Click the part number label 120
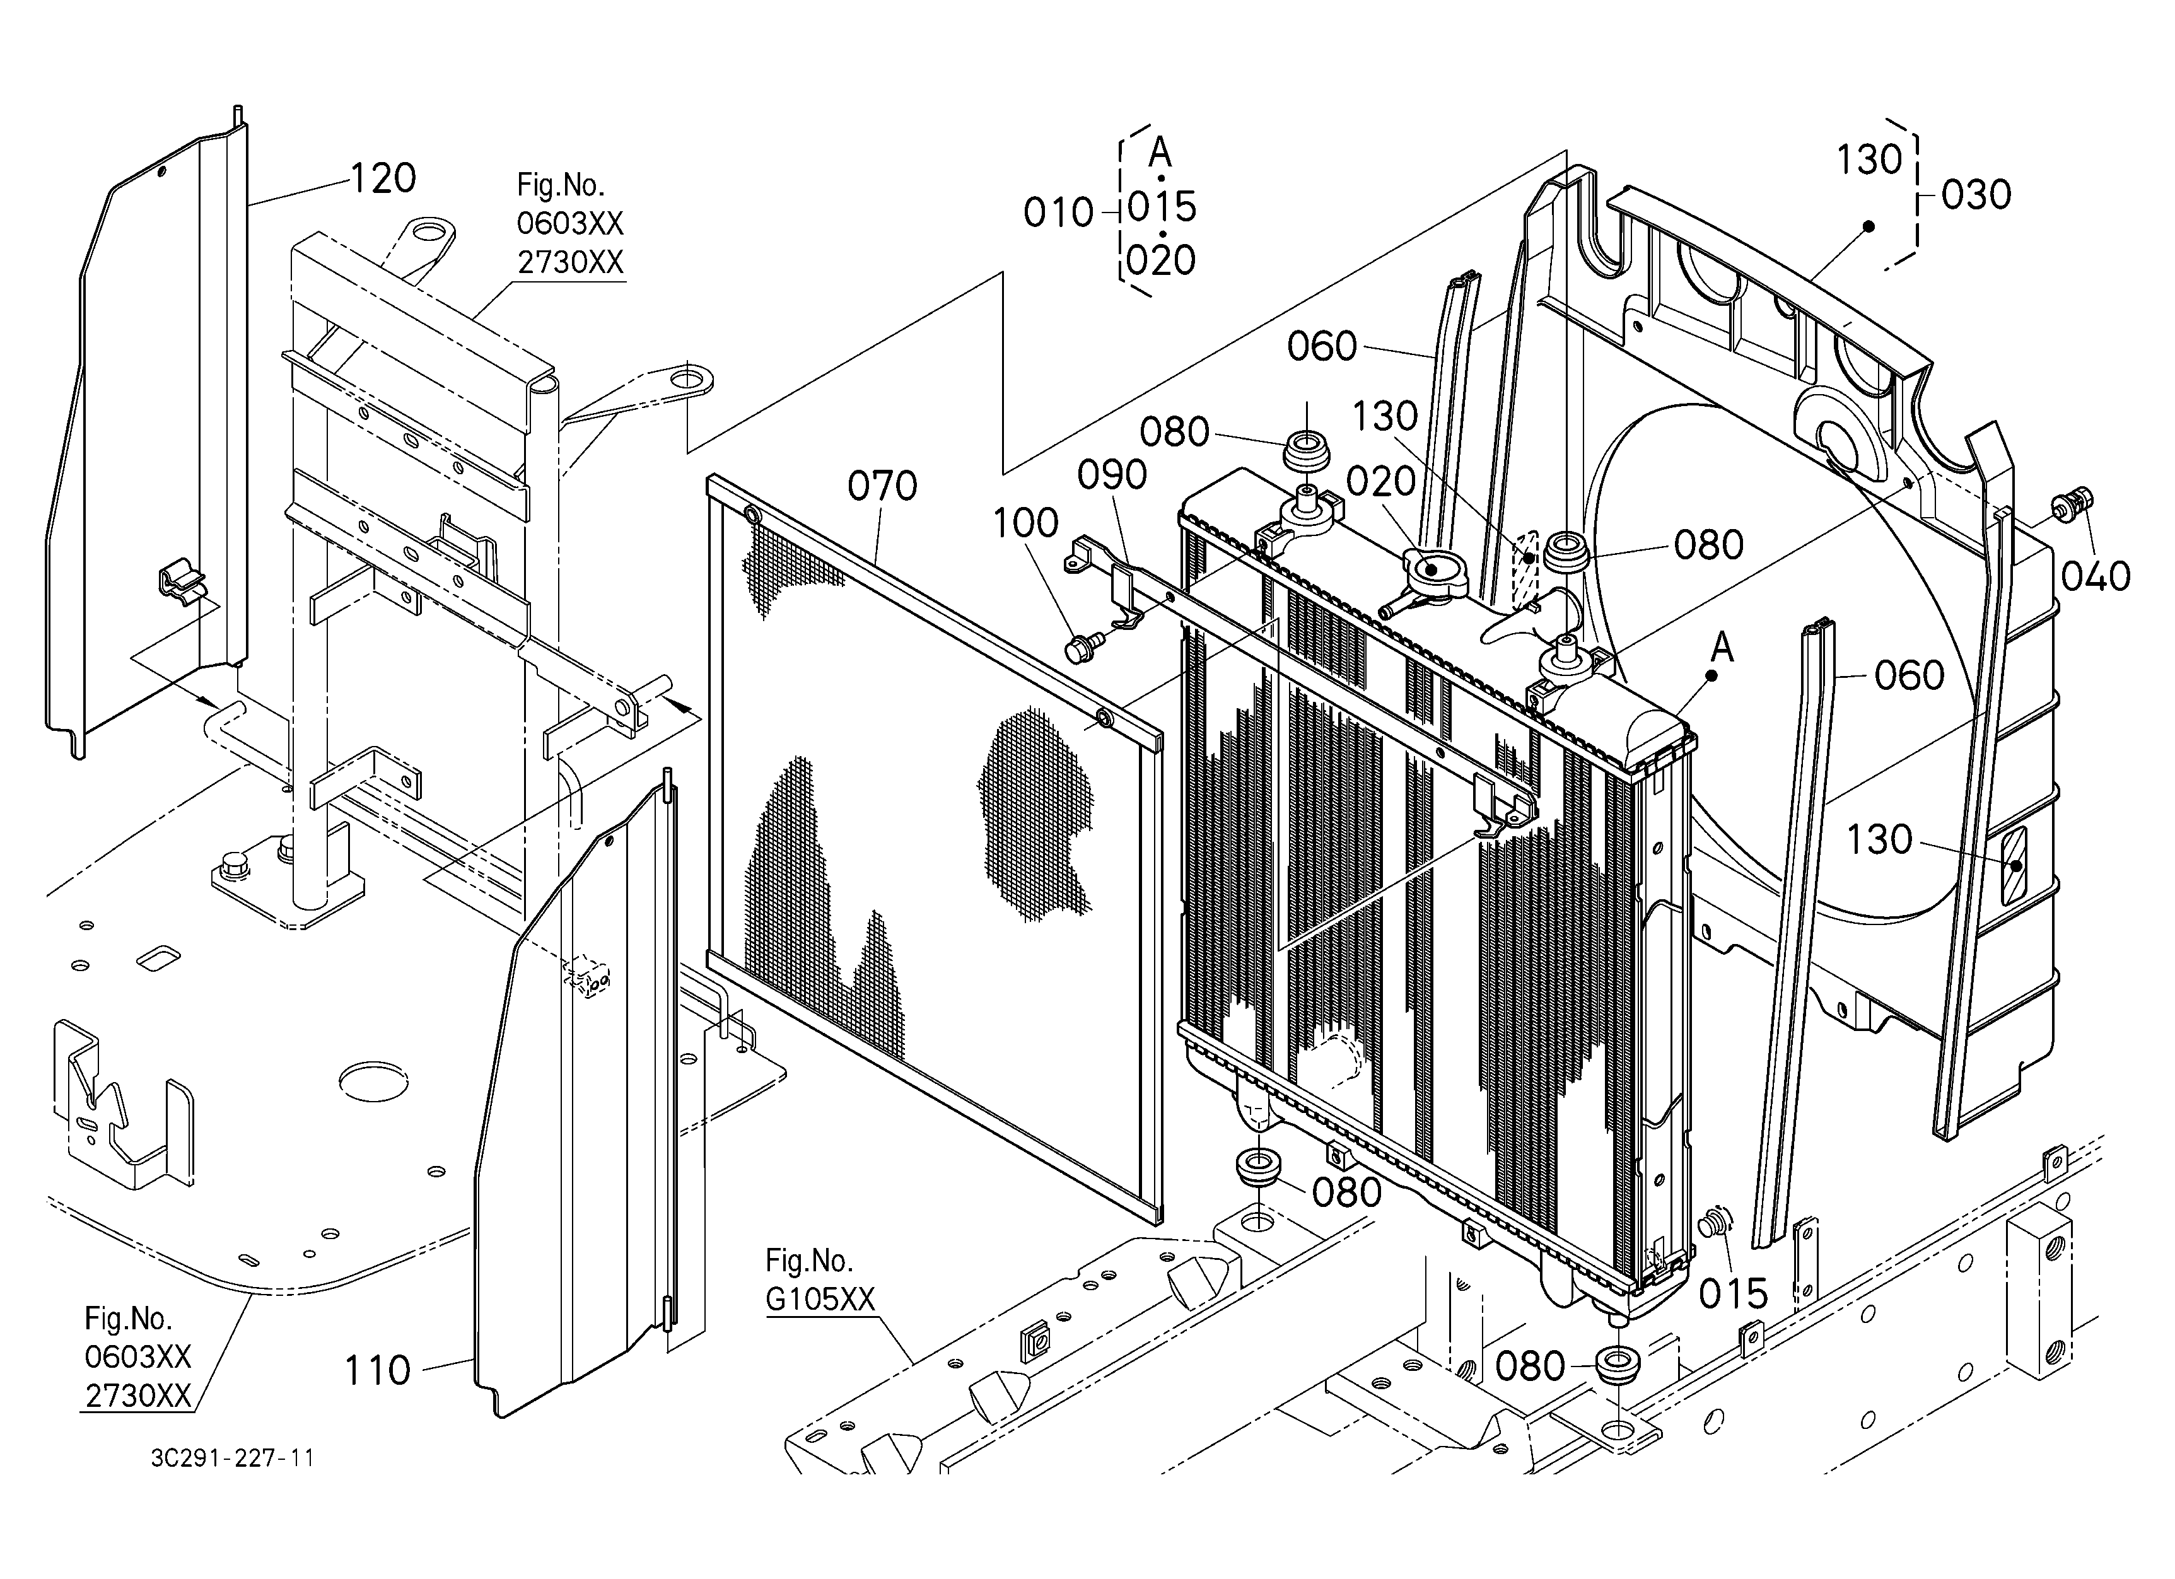[383, 178]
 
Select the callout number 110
[377, 1371]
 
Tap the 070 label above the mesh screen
[882, 486]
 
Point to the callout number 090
[1112, 475]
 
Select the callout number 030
[1976, 195]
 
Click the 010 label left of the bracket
[1058, 213]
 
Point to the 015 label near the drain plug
[1733, 1294]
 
